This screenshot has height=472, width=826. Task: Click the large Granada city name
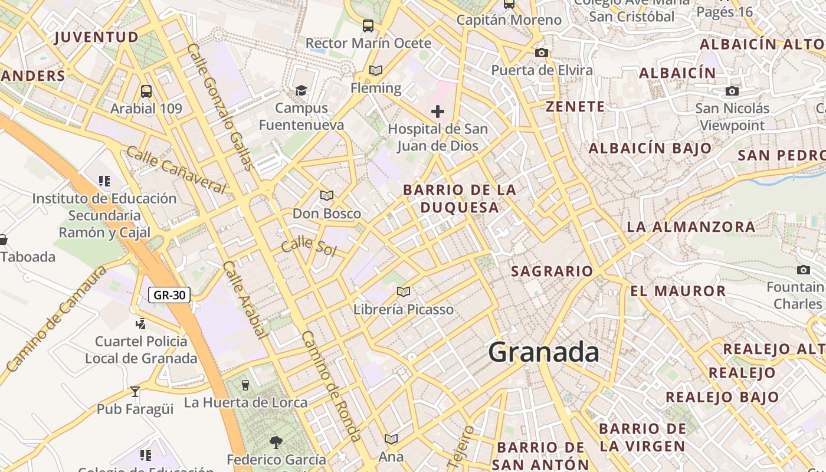pos(543,352)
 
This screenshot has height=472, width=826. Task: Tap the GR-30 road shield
pos(169,295)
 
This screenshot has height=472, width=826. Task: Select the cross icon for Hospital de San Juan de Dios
pos(438,111)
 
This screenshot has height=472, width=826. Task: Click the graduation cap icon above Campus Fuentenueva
pos(301,90)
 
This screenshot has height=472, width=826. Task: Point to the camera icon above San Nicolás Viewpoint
pos(732,91)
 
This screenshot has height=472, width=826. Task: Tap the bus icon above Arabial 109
pos(146,91)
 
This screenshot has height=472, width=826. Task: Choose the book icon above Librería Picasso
pos(404,291)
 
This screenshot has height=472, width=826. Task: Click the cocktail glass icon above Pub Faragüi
pos(135,391)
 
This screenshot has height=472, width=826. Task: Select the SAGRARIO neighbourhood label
pos(552,271)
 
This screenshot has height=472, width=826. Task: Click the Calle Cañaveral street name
pos(176,170)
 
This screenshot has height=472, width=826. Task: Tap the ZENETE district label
pos(575,107)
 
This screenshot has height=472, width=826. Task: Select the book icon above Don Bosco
pos(327,195)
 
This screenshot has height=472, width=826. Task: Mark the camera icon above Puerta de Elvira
pos(542,53)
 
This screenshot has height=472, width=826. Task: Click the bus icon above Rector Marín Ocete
pos(368,25)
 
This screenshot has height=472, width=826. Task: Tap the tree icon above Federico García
pos(276,442)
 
